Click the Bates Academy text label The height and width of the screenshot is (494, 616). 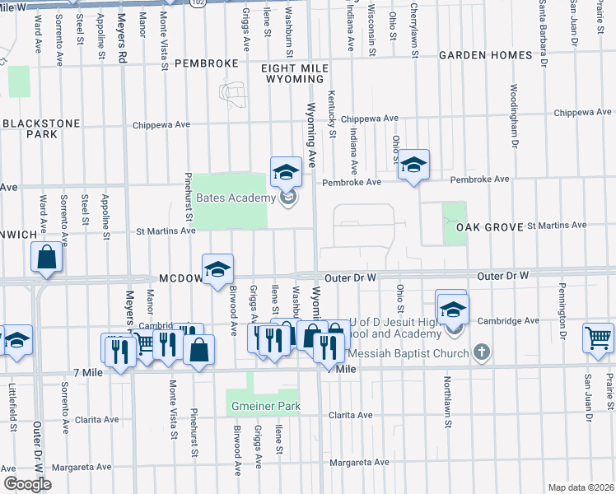point(235,198)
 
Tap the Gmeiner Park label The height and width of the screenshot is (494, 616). point(264,406)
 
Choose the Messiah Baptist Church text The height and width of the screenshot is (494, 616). point(408,353)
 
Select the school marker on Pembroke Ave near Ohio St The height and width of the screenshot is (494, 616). point(414,165)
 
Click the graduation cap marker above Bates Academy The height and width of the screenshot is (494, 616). point(286,171)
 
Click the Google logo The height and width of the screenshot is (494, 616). point(27,484)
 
